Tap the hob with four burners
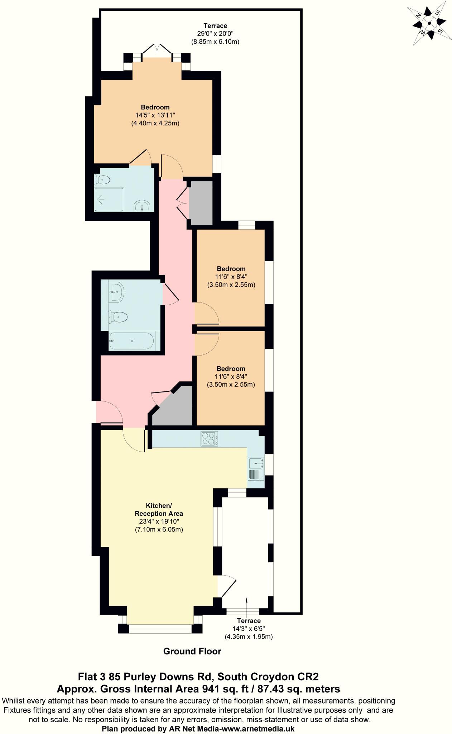210,439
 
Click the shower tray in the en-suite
109,199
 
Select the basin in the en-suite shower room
143,206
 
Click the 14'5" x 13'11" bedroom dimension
155,115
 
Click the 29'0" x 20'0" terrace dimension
215,34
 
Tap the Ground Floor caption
192,651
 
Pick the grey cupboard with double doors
201,203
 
